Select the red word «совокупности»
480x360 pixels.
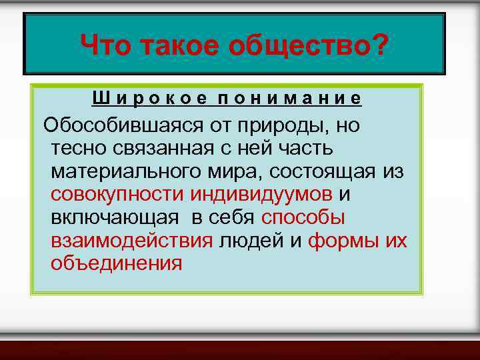point(117,195)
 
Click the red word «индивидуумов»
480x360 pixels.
point(261,195)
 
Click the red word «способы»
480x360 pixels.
point(303,218)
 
